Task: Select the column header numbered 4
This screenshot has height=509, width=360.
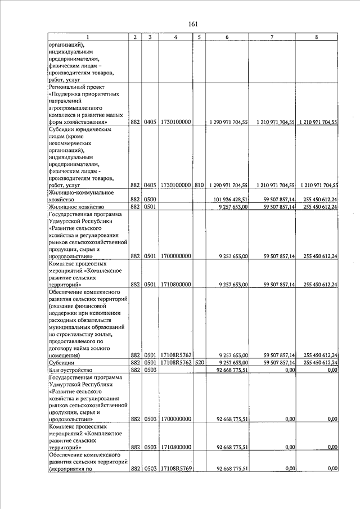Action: [176, 37]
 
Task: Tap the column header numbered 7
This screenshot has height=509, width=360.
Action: [272, 37]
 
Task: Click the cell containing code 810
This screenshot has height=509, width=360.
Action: [199, 184]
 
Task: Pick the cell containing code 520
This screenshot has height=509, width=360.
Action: [199, 363]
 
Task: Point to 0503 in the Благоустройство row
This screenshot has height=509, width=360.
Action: [150, 370]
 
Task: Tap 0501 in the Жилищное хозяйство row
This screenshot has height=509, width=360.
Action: [150, 207]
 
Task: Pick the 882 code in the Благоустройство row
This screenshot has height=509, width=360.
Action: [135, 370]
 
